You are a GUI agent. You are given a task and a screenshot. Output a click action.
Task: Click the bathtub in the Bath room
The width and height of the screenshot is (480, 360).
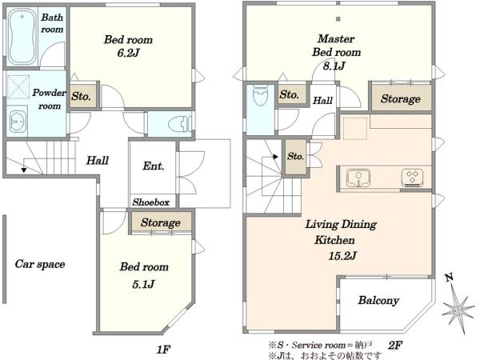(x=22, y=37)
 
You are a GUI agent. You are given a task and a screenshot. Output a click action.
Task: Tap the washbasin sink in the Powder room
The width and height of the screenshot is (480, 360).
(x=17, y=122)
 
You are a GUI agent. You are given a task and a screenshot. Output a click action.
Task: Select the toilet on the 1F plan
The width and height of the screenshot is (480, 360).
(x=179, y=124)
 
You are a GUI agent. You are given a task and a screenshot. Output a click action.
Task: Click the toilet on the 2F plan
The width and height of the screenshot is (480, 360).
(x=261, y=94)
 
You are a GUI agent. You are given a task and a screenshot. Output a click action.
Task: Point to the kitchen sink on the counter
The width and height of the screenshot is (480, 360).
(x=358, y=178)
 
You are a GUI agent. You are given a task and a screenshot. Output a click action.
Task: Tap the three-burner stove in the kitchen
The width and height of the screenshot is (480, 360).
(x=412, y=178)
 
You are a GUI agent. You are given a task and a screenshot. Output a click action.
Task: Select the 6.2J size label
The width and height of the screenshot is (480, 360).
(x=128, y=53)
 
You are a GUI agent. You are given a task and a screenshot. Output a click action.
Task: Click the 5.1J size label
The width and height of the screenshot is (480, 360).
(x=143, y=284)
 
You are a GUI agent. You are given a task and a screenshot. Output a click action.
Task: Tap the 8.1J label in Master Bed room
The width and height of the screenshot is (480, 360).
(x=334, y=66)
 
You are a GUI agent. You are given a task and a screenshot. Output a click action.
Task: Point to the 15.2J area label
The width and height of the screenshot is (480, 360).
(x=343, y=255)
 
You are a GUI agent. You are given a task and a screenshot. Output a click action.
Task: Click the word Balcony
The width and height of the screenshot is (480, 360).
(x=378, y=300)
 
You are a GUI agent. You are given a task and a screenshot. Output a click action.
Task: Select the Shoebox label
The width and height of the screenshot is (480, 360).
(x=151, y=202)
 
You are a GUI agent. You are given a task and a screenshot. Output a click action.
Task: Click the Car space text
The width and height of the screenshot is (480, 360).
(x=40, y=264)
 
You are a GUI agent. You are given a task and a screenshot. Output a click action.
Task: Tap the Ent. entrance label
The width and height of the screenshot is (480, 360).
(x=154, y=166)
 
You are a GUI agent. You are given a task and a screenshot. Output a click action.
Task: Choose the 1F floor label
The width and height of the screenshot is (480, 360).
(x=163, y=350)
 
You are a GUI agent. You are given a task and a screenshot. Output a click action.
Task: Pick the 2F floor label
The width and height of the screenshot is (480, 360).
(x=395, y=346)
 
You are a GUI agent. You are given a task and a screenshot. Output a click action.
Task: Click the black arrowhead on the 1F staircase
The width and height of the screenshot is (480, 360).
(x=24, y=170)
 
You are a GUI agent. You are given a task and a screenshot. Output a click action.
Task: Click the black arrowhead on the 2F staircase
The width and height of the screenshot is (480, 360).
(x=275, y=157)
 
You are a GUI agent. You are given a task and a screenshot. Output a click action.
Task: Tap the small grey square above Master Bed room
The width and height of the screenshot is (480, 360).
(x=338, y=19)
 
